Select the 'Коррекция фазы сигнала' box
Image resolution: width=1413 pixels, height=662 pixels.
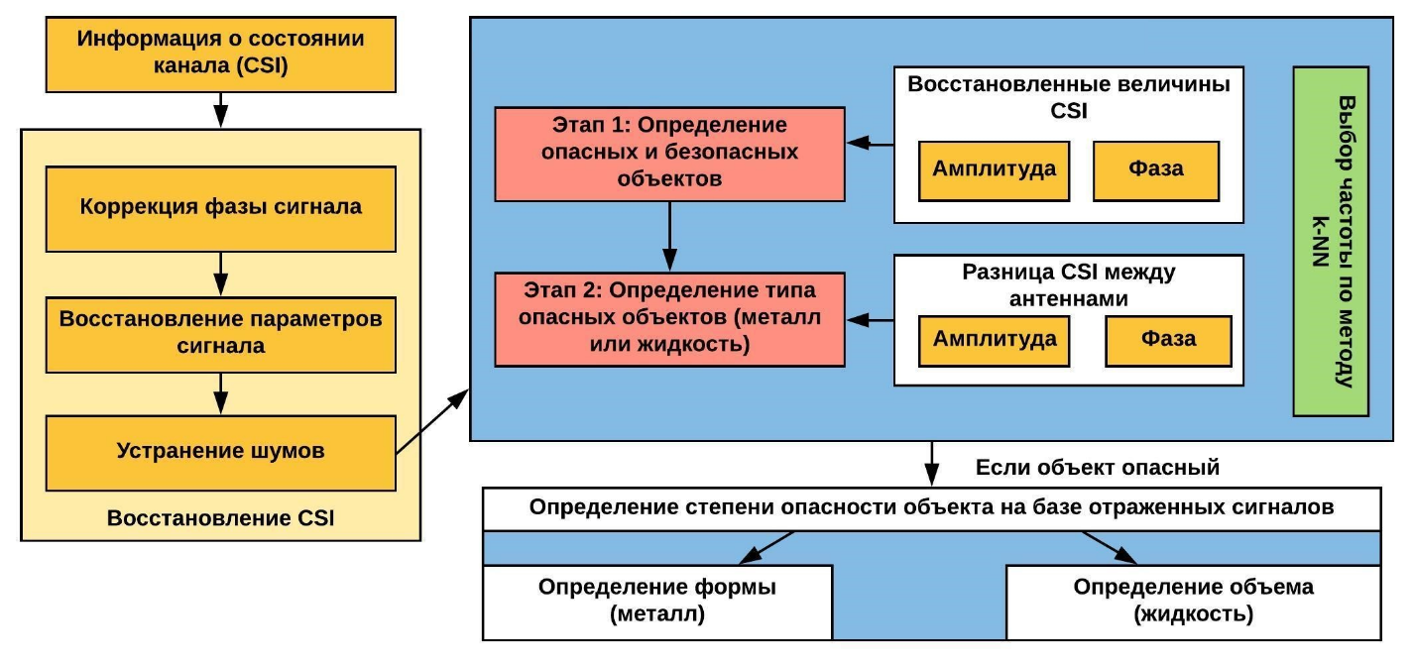220,207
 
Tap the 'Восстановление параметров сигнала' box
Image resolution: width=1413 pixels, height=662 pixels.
220,334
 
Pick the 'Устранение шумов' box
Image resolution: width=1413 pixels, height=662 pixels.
220,451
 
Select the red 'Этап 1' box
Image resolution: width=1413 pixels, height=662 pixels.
669,154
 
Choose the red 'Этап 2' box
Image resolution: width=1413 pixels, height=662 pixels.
669,319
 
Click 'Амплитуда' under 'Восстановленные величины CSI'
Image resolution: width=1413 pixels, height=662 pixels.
994,168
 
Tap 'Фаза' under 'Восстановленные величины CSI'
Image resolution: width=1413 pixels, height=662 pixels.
1155,168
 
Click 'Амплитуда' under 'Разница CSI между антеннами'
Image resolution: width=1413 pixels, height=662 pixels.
995,338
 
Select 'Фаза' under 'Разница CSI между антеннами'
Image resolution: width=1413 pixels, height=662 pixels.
1167,339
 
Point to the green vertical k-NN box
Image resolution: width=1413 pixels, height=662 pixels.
1331,241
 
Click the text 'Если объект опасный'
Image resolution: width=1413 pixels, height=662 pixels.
1097,467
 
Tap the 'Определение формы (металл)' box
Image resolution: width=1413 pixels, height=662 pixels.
656,602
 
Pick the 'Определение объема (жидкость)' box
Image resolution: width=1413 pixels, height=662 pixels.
1193,602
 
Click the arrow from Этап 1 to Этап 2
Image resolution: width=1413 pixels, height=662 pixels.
669,236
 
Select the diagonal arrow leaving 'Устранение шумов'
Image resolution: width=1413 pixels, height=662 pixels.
432,423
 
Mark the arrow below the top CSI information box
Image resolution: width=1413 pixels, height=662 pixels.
220,105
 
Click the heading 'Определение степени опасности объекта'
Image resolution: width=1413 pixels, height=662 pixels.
931,508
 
